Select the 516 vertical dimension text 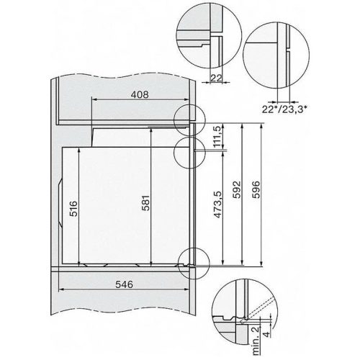click(x=73, y=207)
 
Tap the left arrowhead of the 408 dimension click(x=92, y=103)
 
